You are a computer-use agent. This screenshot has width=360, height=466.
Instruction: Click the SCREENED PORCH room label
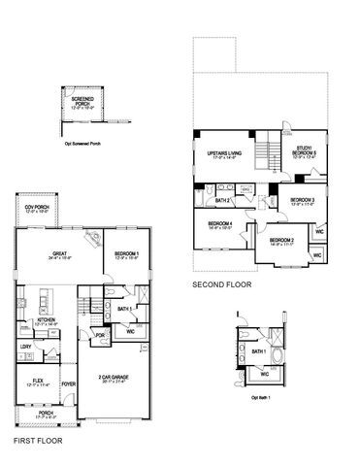point(82,101)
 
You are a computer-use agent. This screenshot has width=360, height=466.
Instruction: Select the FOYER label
point(69,383)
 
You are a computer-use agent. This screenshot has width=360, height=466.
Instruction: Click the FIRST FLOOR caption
point(38,441)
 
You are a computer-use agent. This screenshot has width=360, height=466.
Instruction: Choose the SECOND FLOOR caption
point(221,285)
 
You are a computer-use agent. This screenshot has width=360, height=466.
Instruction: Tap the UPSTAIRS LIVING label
point(225,155)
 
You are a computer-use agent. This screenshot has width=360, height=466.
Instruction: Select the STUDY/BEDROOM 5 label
point(306,151)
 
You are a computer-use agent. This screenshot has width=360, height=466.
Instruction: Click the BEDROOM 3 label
point(304,201)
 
